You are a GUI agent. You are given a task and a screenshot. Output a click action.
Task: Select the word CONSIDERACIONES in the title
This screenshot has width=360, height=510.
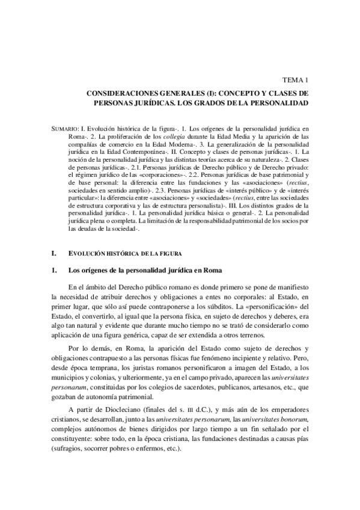click(124, 94)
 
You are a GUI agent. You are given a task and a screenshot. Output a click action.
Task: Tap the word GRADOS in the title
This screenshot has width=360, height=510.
click(237, 103)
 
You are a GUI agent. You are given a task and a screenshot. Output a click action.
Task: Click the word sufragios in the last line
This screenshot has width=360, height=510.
click(71, 450)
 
